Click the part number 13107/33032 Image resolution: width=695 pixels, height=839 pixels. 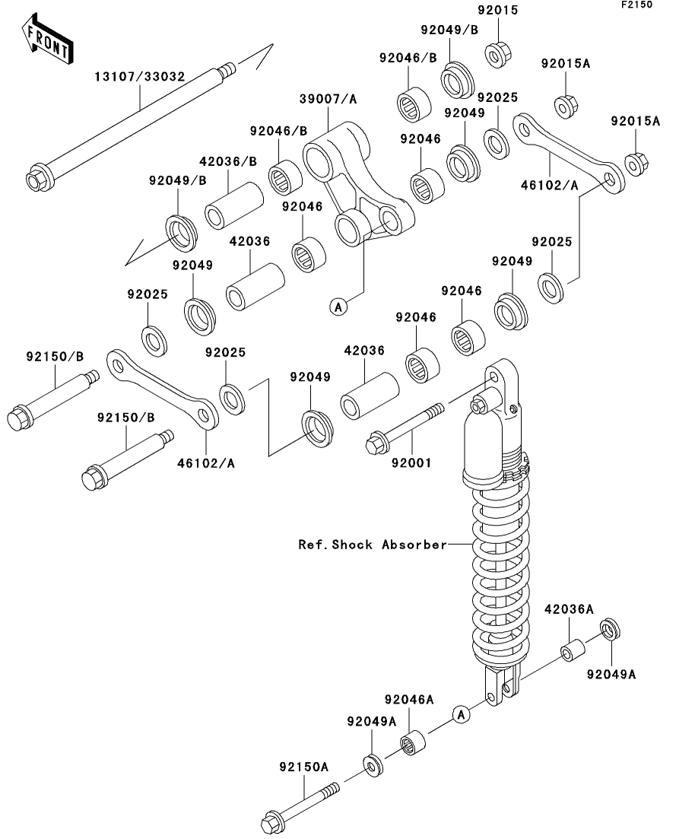pyautogui.click(x=141, y=77)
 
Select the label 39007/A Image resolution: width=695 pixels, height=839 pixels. pyautogui.click(x=328, y=99)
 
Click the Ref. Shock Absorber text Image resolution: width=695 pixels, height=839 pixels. pyautogui.click(x=372, y=545)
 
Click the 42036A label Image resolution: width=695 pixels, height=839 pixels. pyautogui.click(x=570, y=609)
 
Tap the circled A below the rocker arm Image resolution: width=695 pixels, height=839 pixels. pyautogui.click(x=338, y=306)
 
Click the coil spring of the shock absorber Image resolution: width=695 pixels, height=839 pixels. pyautogui.click(x=497, y=570)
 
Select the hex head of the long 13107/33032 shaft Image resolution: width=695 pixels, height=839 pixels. pyautogui.click(x=36, y=180)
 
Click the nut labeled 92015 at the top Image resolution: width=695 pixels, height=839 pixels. pyautogui.click(x=498, y=53)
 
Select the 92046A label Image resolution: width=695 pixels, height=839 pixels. pyautogui.click(x=409, y=699)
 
